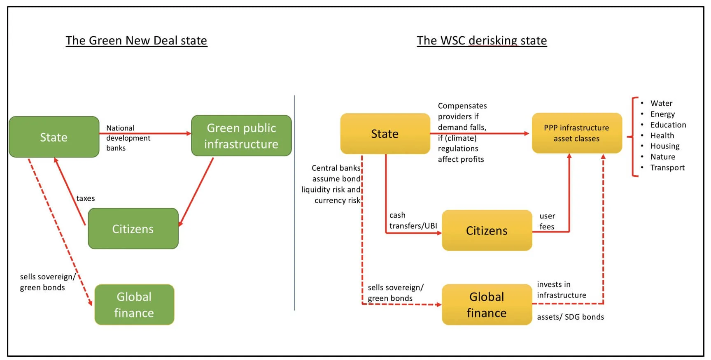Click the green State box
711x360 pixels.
click(x=54, y=137)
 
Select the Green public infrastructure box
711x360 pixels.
click(x=241, y=136)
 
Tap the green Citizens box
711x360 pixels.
click(x=133, y=229)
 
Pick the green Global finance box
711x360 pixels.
click(x=134, y=305)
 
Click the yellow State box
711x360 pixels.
click(x=385, y=134)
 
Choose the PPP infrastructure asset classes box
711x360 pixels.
click(x=576, y=133)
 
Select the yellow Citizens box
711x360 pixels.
click(x=487, y=230)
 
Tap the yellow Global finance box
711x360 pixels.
click(x=487, y=305)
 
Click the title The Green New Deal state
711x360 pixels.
click(x=136, y=40)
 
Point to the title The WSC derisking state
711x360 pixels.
click(x=482, y=40)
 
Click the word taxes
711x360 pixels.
click(x=86, y=198)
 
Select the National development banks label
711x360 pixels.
click(x=128, y=138)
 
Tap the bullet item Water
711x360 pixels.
click(x=661, y=103)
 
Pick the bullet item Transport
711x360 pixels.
click(x=667, y=167)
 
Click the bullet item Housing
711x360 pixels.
click(x=665, y=146)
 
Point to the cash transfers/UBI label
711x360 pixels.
click(x=413, y=221)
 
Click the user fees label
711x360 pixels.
click(x=547, y=221)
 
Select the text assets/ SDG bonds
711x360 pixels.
click(x=570, y=317)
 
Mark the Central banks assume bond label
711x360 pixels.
click(x=331, y=184)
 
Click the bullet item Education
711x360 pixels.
click(x=668, y=125)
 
